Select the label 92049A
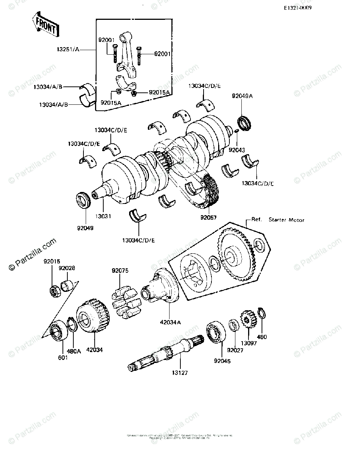[x=242, y=96]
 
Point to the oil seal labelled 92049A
[x=245, y=124]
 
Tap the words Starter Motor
[x=286, y=220]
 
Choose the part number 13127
[x=180, y=373]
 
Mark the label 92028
[x=66, y=268]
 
